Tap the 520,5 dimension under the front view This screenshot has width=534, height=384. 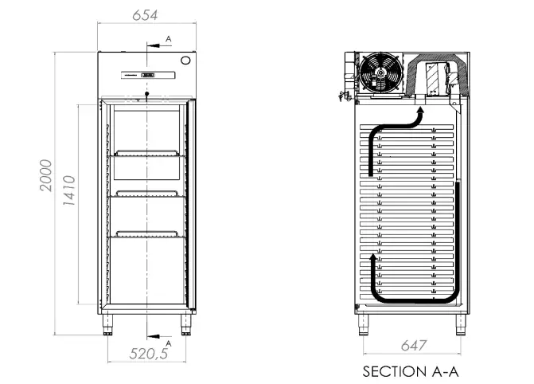[x=149, y=355]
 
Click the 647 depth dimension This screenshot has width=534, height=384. [x=413, y=346]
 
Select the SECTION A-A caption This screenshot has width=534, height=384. [x=411, y=371]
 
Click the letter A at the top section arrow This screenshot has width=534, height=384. [x=168, y=38]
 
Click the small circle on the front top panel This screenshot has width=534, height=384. [x=186, y=60]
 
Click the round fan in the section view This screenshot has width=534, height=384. [x=379, y=73]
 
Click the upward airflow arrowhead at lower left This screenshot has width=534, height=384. [x=373, y=261]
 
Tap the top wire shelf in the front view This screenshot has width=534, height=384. [x=147, y=155]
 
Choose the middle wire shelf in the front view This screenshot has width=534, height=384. [x=147, y=194]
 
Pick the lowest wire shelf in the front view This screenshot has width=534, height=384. [x=147, y=233]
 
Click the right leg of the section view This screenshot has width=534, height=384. [x=460, y=323]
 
